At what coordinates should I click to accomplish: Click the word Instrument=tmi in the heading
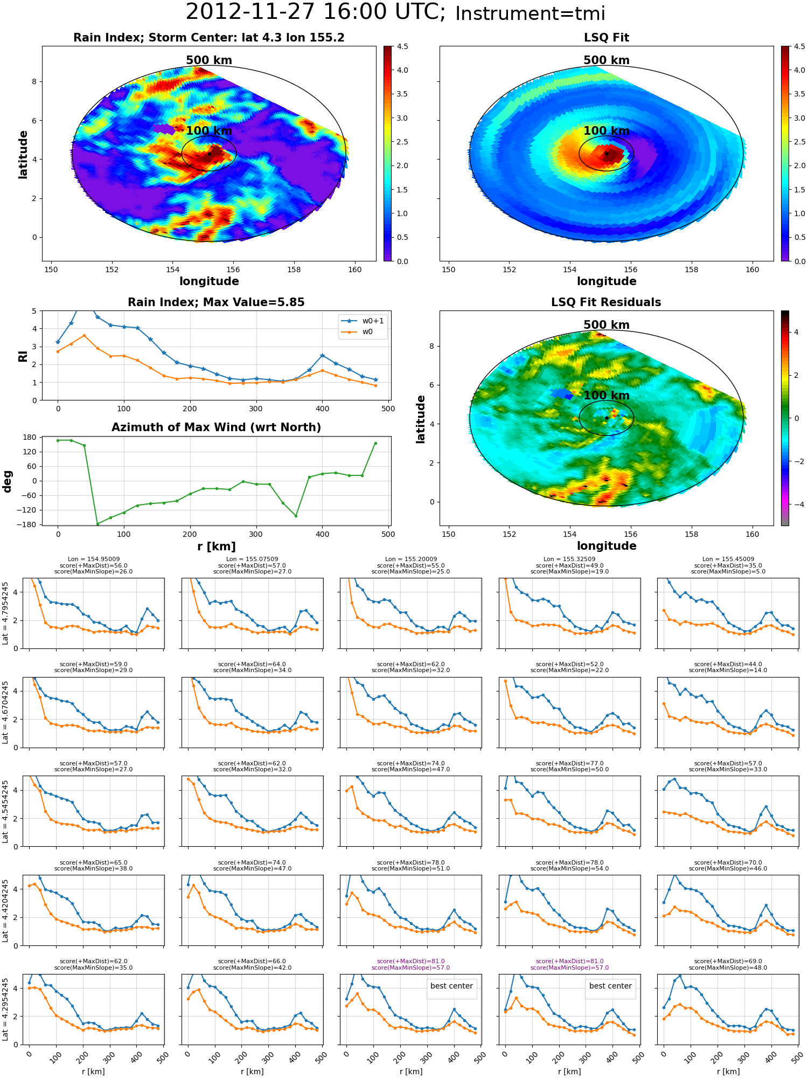point(530,13)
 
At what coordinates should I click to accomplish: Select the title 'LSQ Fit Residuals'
point(606,302)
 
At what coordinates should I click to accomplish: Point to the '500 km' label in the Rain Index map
point(209,60)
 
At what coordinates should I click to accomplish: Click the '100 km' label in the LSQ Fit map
point(607,131)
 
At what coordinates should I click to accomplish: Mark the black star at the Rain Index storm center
point(209,154)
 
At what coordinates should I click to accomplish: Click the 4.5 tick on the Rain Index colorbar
point(402,46)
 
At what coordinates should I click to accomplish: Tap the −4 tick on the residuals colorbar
point(796,505)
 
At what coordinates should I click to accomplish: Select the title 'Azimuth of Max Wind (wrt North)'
point(216,427)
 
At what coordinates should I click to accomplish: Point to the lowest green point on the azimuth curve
point(97,524)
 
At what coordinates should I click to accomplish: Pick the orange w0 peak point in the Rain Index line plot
point(84,335)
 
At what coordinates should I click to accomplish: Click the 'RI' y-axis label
point(23,356)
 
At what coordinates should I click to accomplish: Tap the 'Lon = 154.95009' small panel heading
point(94,559)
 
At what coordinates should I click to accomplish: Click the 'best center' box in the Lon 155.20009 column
point(451,986)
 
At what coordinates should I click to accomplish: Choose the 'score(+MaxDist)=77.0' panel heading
point(569,763)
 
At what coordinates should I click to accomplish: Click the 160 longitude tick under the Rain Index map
point(355,269)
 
